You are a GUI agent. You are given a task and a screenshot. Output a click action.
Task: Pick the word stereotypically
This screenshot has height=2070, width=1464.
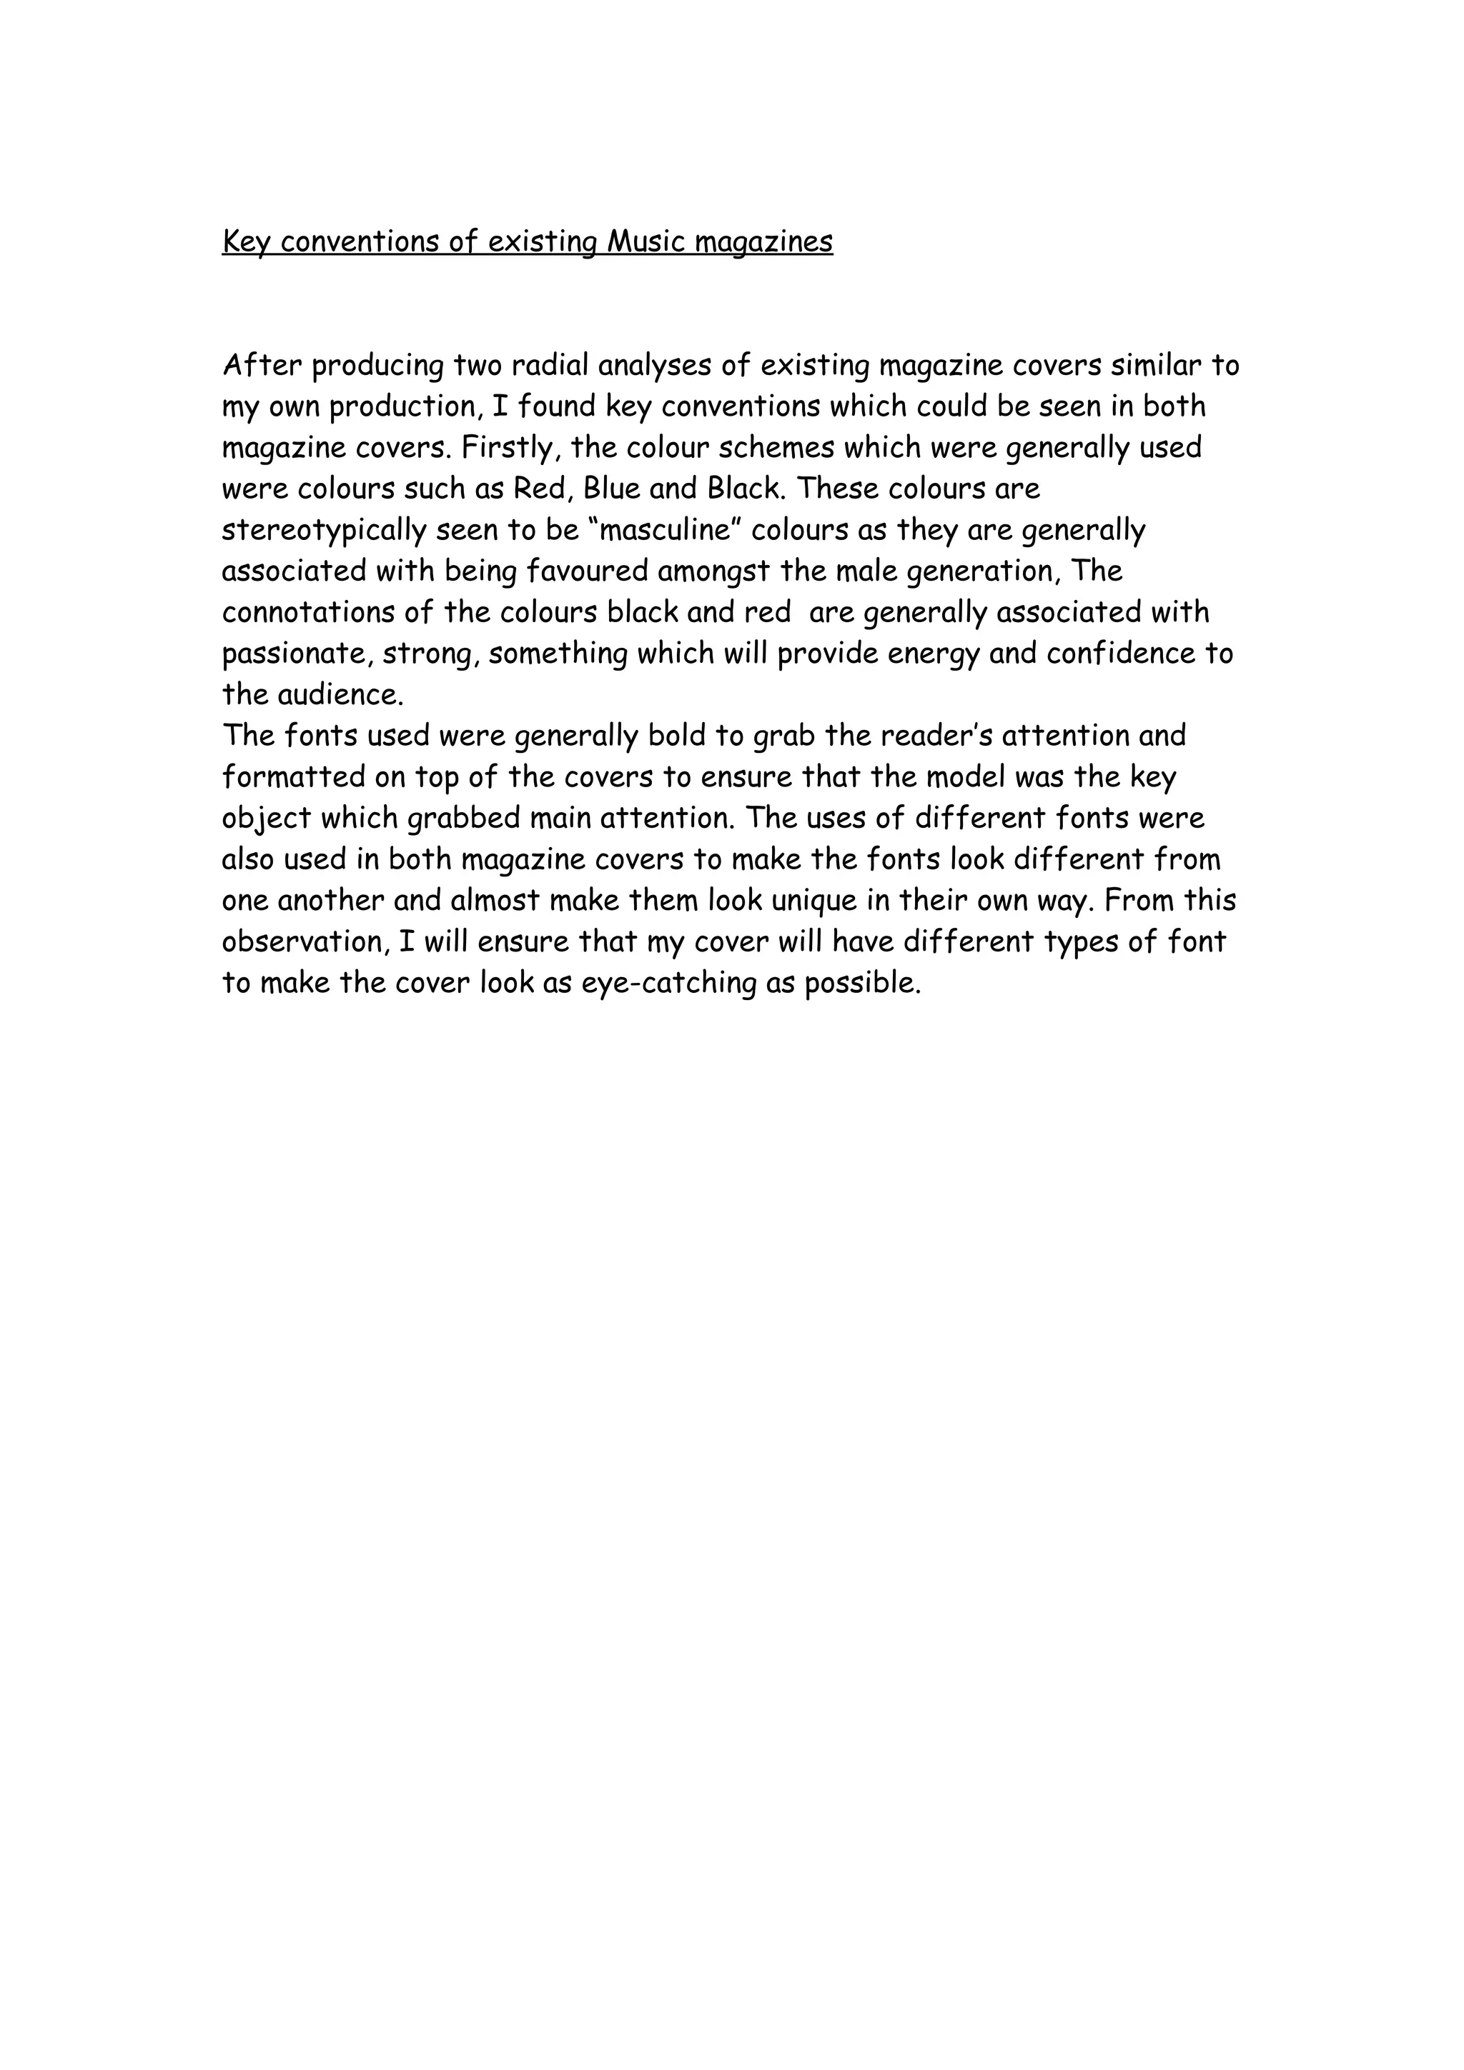(x=325, y=530)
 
